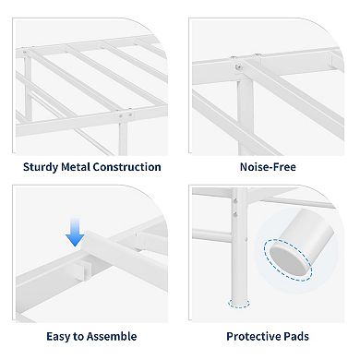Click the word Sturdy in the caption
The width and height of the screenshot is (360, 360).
[44, 167]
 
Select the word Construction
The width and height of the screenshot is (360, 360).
[133, 167]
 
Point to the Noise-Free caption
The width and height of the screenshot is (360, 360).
[269, 167]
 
